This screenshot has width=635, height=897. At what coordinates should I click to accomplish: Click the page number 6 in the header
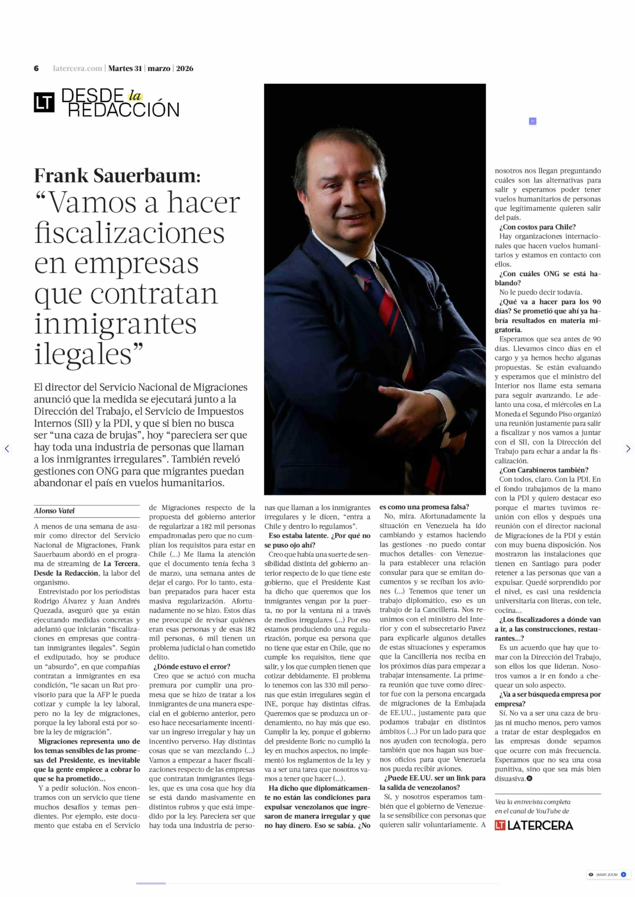[x=36, y=68]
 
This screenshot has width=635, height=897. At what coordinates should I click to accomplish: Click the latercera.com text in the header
[x=77, y=68]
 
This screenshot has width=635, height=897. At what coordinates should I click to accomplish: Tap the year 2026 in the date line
[x=185, y=68]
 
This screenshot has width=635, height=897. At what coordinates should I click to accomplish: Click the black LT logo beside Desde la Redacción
[x=44, y=102]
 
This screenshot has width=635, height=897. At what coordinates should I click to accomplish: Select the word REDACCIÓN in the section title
[x=124, y=110]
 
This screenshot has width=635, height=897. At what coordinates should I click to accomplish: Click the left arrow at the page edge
[x=7, y=449]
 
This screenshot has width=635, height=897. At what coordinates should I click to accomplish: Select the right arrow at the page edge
[x=628, y=449]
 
